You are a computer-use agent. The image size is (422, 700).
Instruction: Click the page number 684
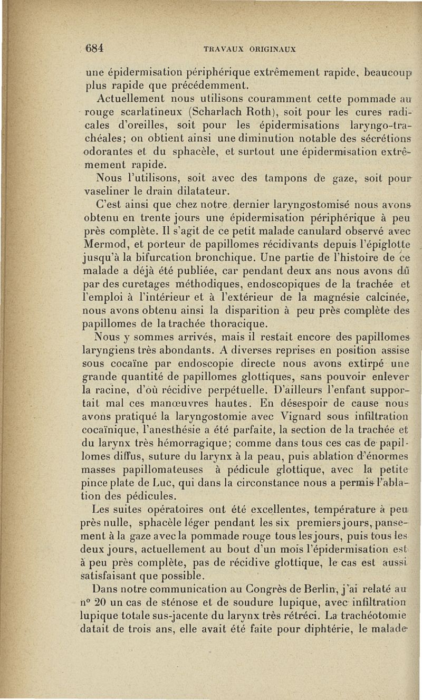93,47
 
